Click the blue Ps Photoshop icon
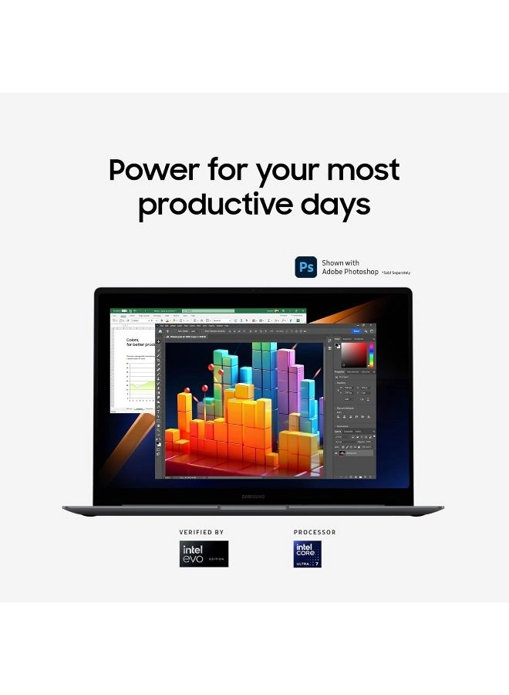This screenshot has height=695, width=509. [x=306, y=267]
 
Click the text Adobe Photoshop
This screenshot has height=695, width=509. [x=350, y=272]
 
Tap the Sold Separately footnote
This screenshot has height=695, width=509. [x=397, y=273]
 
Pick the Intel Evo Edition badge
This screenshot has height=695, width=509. [x=204, y=554]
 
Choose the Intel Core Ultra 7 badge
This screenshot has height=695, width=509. [x=307, y=554]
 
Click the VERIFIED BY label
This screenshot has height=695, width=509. [x=201, y=532]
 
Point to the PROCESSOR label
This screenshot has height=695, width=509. [x=315, y=532]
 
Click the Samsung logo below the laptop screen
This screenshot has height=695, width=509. [x=253, y=496]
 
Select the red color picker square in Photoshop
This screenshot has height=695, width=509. [x=355, y=355]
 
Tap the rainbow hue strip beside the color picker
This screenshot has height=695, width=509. [x=371, y=355]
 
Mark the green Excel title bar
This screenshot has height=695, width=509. [x=208, y=310]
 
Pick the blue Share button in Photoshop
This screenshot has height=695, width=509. [x=356, y=331]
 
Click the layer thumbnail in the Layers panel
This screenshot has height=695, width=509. [x=342, y=453]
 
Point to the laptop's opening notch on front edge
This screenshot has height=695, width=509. [x=253, y=507]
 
